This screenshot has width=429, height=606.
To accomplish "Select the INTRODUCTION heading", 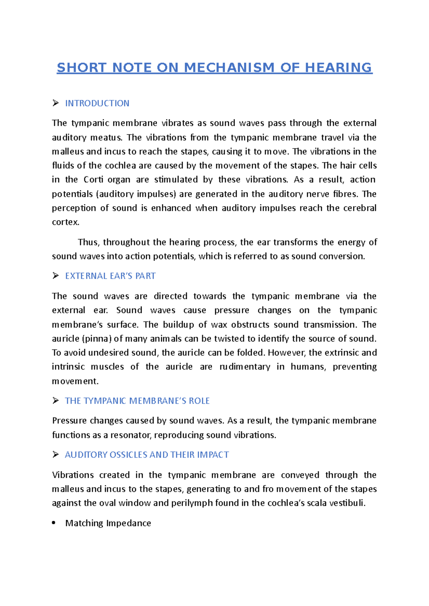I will pyautogui.click(x=97, y=103).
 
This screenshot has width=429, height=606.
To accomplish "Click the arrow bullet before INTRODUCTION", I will pyautogui.click(x=55, y=103).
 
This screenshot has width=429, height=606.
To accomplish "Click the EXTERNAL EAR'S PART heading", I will pyautogui.click(x=110, y=276).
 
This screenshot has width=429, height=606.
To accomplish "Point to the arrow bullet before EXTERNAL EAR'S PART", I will pyautogui.click(x=55, y=276).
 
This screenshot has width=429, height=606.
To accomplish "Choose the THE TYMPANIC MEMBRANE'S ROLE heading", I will pyautogui.click(x=137, y=401).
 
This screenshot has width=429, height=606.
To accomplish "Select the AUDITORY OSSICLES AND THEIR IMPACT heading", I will pyautogui.click(x=147, y=455).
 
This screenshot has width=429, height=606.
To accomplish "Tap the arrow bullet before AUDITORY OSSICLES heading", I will pyautogui.click(x=55, y=455).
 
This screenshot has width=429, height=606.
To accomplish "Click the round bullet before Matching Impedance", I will pyautogui.click(x=54, y=523).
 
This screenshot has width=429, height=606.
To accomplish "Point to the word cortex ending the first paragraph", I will pyautogui.click(x=65, y=222).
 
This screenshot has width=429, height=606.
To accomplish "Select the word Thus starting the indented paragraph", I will pyautogui.click(x=88, y=242).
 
